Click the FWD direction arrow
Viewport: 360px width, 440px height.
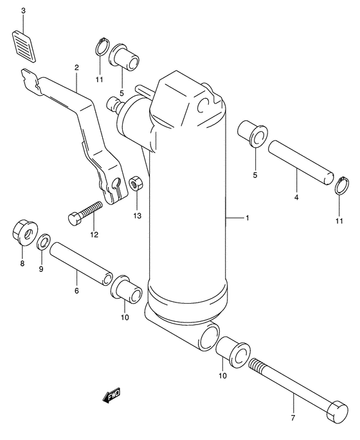click(x=111, y=396)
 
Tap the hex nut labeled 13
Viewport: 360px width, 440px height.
click(x=137, y=184)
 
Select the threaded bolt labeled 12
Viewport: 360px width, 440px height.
click(x=85, y=213)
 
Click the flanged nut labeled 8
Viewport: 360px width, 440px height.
click(x=25, y=233)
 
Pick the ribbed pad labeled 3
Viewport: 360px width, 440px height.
click(x=24, y=46)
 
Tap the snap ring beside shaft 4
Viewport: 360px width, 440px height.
click(x=342, y=186)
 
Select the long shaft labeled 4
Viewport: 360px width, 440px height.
click(x=301, y=163)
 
